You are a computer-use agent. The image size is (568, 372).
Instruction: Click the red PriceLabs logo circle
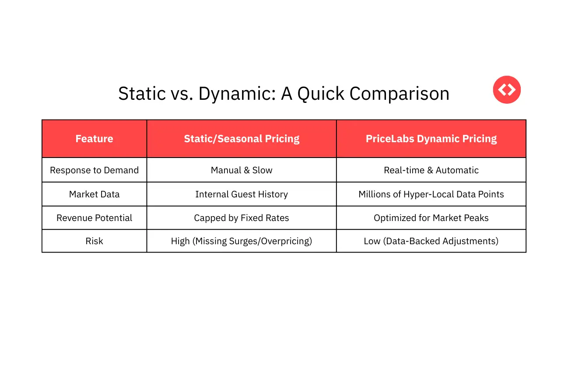[x=507, y=90]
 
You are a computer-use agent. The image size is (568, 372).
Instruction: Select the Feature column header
[x=94, y=139]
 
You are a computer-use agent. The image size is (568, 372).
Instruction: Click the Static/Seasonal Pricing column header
[x=242, y=139]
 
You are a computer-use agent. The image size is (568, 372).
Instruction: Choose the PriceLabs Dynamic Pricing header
[x=431, y=139]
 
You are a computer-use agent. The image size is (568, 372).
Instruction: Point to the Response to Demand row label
[x=94, y=170]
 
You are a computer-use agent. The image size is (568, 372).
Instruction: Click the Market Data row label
[x=94, y=194]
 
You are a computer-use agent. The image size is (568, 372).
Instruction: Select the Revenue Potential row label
[x=94, y=218]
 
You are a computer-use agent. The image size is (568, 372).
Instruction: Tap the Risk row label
[x=94, y=241]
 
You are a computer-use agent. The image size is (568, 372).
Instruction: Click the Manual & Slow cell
[x=242, y=170]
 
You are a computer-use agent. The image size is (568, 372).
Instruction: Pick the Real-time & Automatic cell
[x=431, y=170]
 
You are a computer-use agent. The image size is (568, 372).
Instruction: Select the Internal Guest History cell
[x=242, y=194]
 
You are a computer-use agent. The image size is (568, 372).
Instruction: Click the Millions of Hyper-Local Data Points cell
[x=431, y=194]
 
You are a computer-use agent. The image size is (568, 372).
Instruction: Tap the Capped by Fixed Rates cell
[x=242, y=218]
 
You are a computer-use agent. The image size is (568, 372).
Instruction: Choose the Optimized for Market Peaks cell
[x=431, y=218]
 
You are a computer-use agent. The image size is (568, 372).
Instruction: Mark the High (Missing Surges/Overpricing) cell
[x=242, y=241]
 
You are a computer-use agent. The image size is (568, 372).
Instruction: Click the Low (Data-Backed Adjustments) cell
[x=431, y=241]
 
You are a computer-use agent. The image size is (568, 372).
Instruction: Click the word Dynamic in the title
[x=236, y=94]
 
